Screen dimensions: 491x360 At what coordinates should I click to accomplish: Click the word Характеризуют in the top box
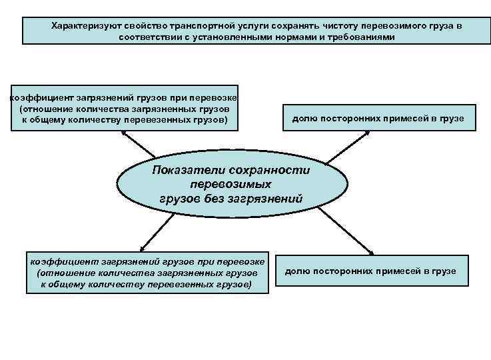[83, 25]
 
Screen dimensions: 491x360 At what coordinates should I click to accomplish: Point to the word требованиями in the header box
[364, 37]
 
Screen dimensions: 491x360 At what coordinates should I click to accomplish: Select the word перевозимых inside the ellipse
[231, 183]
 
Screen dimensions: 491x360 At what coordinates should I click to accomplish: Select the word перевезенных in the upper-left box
[166, 120]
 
